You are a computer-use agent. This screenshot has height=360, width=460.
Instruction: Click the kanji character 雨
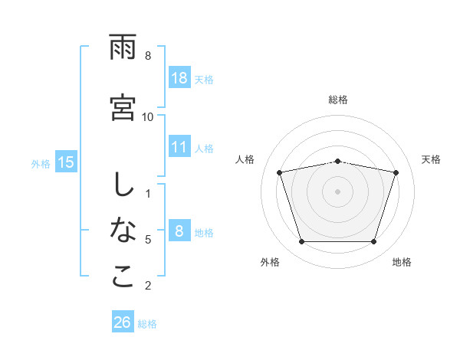pos(123,47)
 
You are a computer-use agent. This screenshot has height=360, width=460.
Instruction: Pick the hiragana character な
pos(123,230)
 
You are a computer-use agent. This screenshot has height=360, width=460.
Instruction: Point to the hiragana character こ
pos(123,277)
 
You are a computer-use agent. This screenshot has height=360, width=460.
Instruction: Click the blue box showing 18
pos(179,77)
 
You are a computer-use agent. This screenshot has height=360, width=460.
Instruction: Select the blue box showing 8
pos(179,231)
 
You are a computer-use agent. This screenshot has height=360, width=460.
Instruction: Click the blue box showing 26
pos(123,322)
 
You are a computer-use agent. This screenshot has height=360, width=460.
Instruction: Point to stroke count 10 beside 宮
pos(148,116)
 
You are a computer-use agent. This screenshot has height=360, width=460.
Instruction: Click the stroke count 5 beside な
pos(148,240)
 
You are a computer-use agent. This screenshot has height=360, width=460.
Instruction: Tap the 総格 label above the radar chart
pos(338,100)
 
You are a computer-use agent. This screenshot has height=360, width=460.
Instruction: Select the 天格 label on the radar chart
pos(432,159)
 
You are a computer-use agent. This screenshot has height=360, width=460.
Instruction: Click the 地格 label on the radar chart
pos(402,262)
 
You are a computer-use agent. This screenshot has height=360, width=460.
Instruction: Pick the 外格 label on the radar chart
pos(270,262)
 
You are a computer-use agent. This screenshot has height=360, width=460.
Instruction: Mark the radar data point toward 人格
pos(280,172)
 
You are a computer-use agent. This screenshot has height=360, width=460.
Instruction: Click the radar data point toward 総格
pos(338,161)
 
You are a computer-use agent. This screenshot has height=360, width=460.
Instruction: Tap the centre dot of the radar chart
pos(338,191)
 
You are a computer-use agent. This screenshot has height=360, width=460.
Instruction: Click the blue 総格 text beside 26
pos(147,324)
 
